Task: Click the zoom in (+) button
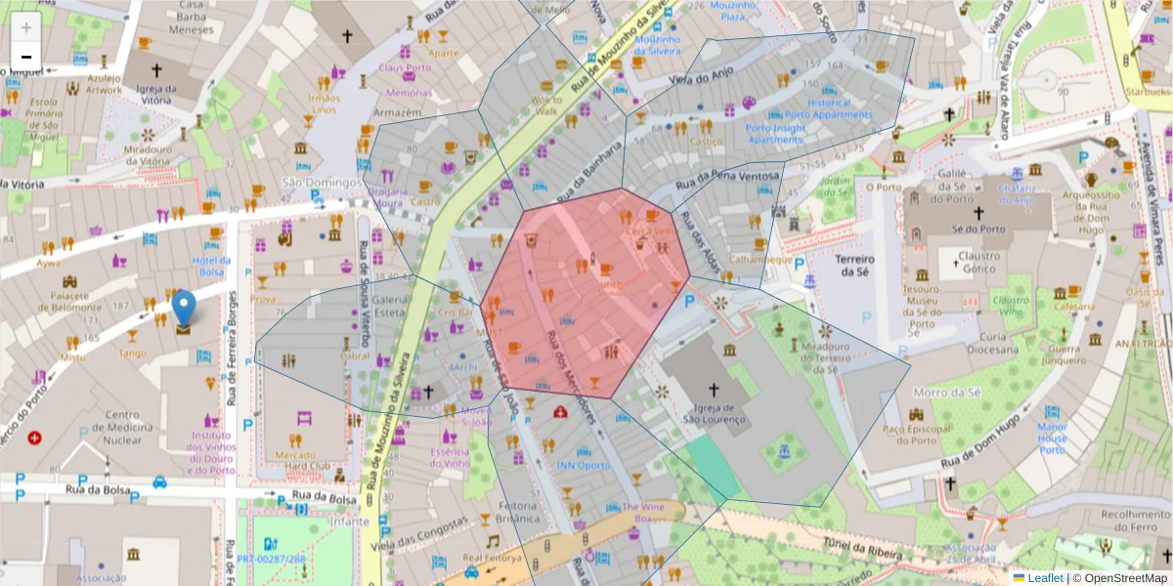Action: click(26, 27)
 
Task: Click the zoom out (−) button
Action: click(26, 57)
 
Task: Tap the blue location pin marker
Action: click(184, 309)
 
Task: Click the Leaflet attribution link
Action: click(1045, 578)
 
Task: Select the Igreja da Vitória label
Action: click(155, 94)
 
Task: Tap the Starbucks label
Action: click(1146, 92)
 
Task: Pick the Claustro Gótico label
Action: click(977, 262)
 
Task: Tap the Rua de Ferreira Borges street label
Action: click(232, 361)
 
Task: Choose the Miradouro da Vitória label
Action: click(148, 153)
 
